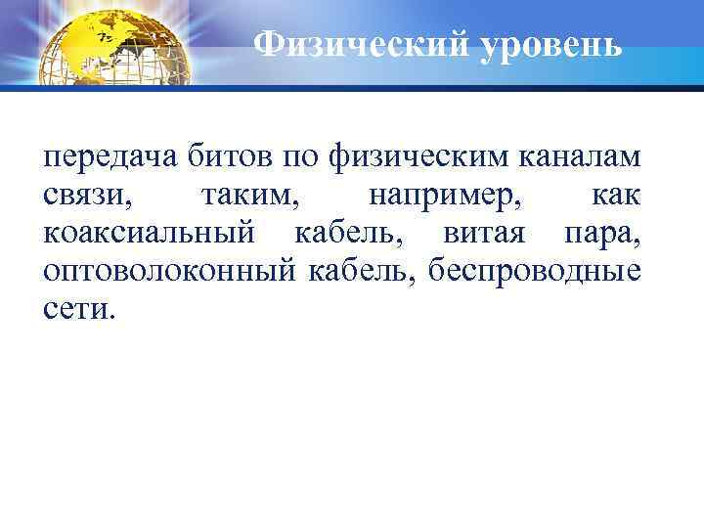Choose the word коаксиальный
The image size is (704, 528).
pos(150,235)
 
